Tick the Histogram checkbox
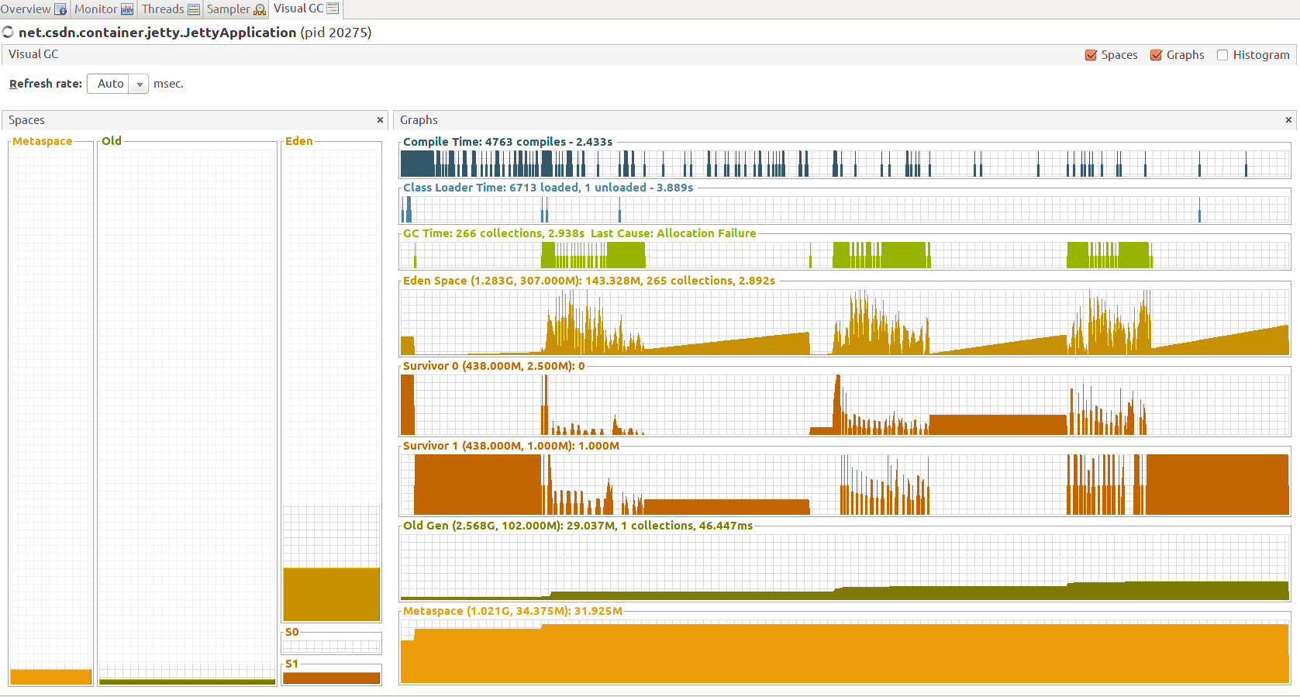1222,55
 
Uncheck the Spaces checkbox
1091,55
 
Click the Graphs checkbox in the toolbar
1156,55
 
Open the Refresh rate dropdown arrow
140,84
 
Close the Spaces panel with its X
380,120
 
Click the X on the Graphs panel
1288,120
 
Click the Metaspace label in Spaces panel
42,141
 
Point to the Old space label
112,141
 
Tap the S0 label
291,632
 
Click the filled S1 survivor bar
331,678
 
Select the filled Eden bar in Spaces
331,594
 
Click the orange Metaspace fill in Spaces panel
50,677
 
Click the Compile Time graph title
507,142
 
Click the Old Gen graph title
577,526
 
